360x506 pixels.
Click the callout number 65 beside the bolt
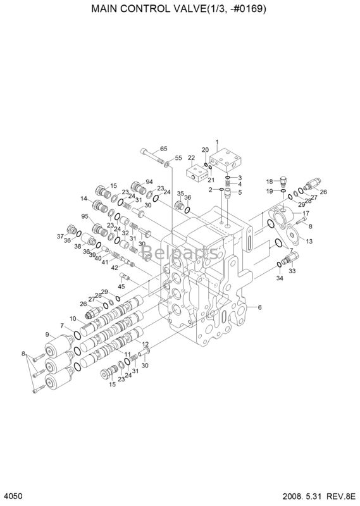[163, 149]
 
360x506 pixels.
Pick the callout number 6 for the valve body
[259, 307]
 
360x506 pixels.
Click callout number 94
[149, 182]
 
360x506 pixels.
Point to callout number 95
[84, 216]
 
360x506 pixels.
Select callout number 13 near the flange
[309, 241]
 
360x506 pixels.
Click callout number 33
[292, 271]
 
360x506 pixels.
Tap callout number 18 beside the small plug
[268, 180]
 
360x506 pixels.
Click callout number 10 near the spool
[73, 318]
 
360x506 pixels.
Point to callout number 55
[178, 157]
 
